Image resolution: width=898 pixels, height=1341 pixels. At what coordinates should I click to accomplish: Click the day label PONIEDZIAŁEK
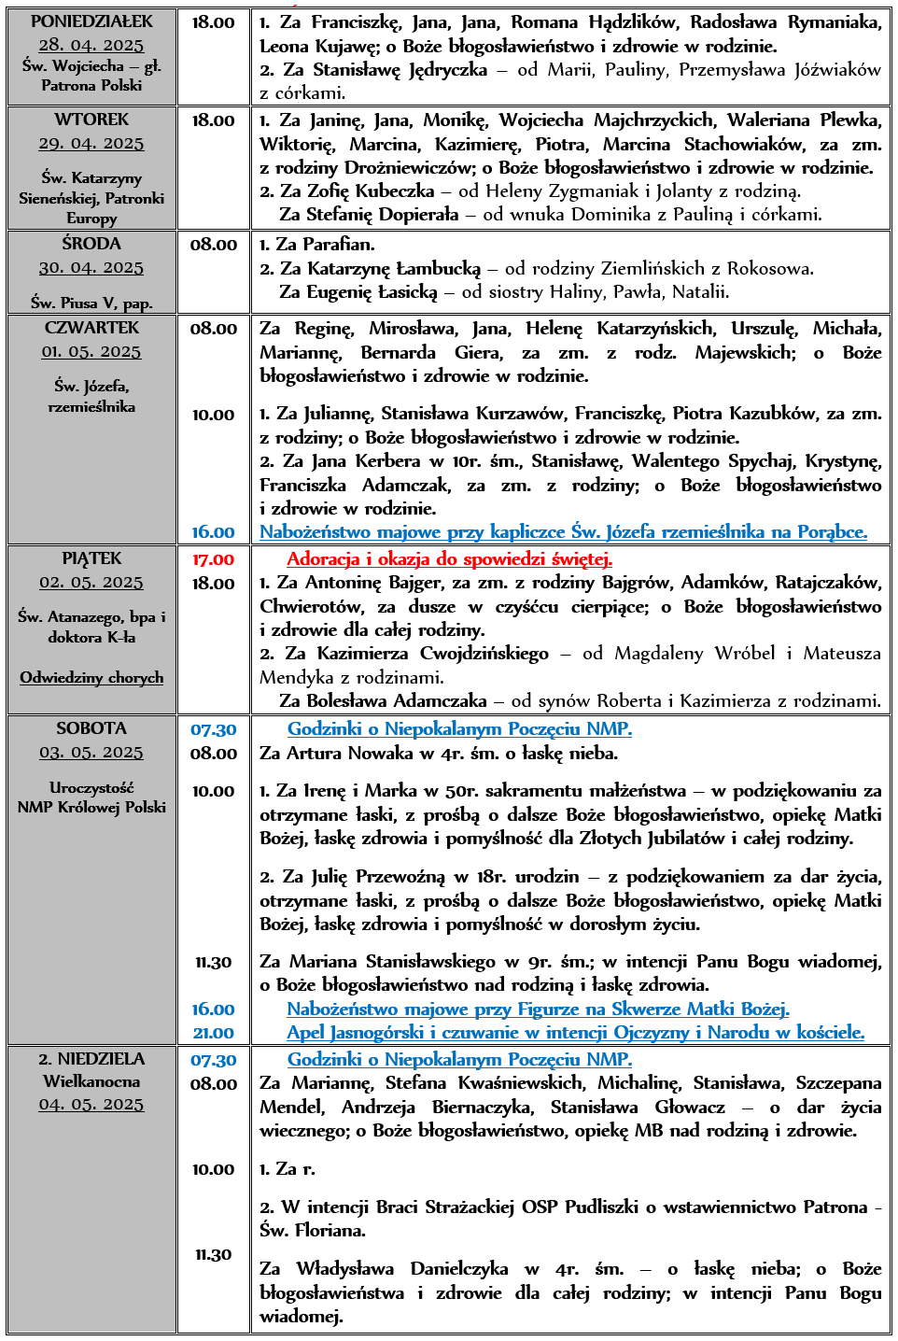[x=91, y=21]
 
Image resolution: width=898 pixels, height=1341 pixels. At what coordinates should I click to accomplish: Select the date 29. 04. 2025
[x=91, y=143]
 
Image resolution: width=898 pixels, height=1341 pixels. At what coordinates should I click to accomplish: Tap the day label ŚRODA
[x=91, y=244]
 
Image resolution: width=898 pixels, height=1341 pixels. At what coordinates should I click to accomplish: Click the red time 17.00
[x=213, y=559]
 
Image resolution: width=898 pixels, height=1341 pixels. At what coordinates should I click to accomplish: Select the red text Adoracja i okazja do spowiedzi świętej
[x=449, y=559]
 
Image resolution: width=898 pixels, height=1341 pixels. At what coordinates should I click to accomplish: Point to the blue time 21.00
[x=213, y=1033]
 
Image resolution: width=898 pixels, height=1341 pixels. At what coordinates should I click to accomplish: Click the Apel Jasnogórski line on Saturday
[x=575, y=1033]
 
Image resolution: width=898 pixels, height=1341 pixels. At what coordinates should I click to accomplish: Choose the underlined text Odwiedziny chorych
[x=91, y=677]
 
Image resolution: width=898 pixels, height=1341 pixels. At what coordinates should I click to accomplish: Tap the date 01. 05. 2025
[x=91, y=351]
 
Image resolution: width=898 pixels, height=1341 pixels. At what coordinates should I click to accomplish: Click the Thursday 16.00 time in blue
[x=213, y=532]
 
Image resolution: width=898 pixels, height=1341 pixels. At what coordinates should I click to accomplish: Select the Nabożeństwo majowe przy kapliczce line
[x=563, y=532]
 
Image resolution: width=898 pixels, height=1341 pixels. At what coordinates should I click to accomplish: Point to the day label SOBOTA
[x=91, y=728]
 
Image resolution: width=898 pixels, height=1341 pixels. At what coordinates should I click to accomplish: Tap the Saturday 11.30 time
[x=213, y=962]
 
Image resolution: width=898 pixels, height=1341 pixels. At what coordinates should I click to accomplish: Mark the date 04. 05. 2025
[x=91, y=1105]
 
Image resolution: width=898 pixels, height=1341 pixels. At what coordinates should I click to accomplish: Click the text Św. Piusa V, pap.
[x=91, y=303]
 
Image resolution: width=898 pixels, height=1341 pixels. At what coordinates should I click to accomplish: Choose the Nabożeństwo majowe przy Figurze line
[x=538, y=1009]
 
